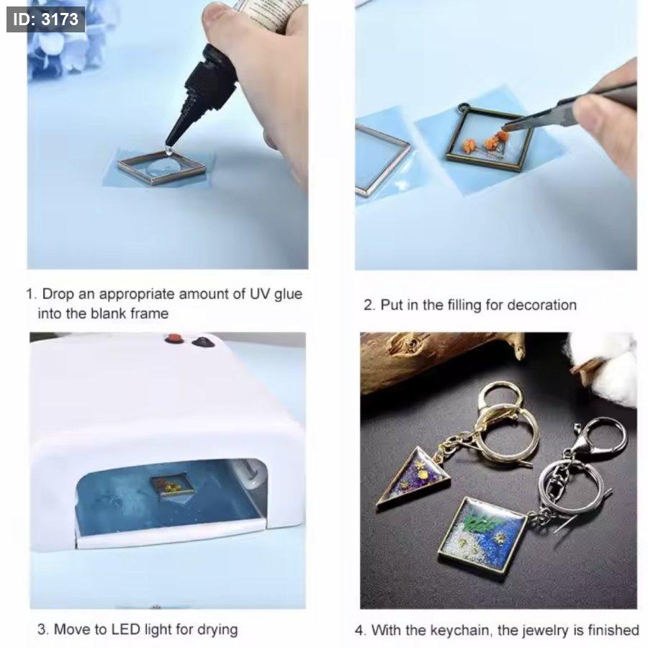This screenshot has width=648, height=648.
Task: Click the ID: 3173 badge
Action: pyautogui.click(x=45, y=19)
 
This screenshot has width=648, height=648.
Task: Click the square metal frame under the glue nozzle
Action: pyautogui.click(x=161, y=167)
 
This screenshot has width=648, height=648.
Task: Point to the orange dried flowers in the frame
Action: pyautogui.click(x=487, y=143)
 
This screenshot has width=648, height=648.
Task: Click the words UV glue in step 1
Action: pyautogui.click(x=276, y=294)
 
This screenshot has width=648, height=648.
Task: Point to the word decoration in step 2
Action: pyautogui.click(x=541, y=305)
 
